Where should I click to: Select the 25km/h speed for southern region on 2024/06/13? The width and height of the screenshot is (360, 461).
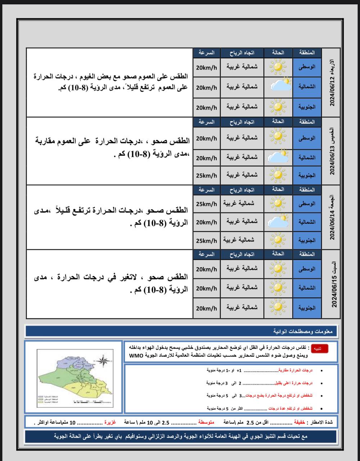click(206, 175)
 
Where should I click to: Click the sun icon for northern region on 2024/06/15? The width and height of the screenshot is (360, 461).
click(278, 288)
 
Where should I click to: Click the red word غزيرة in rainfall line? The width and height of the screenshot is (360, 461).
click(110, 421)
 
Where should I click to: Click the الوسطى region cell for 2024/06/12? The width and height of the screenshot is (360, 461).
click(307, 67)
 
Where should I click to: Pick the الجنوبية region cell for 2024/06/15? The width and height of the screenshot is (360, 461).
click(307, 308)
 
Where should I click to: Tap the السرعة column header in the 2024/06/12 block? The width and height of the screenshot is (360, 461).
click(206, 53)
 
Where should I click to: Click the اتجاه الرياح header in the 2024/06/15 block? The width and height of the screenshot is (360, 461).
click(242, 254)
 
